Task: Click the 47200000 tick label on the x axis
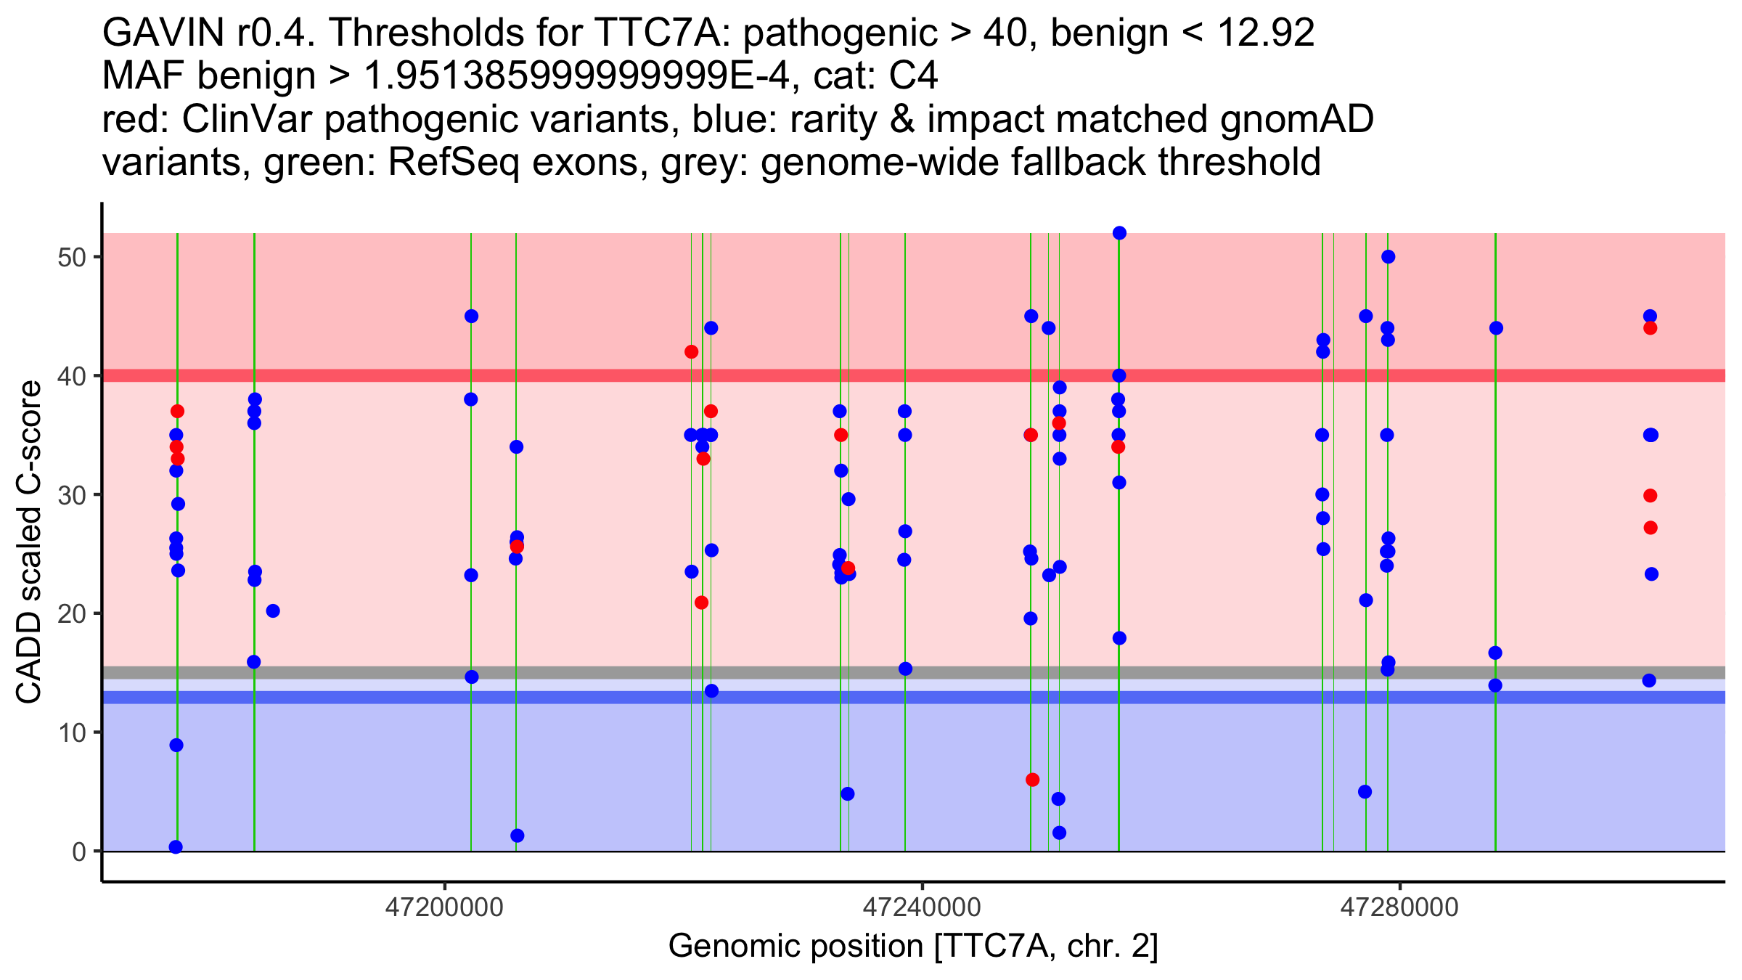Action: [444, 908]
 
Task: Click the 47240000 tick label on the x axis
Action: [922, 908]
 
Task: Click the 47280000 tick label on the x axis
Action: [1399, 908]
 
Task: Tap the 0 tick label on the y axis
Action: [79, 852]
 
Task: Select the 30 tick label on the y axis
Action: [72, 495]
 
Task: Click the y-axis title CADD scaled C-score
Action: [29, 542]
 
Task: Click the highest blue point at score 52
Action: [1119, 233]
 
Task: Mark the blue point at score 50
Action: [1388, 257]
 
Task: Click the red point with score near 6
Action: [1032, 780]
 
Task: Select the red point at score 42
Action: [691, 352]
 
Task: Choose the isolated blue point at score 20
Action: [273, 611]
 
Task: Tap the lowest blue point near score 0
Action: [176, 847]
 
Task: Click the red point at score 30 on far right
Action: [1650, 496]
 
